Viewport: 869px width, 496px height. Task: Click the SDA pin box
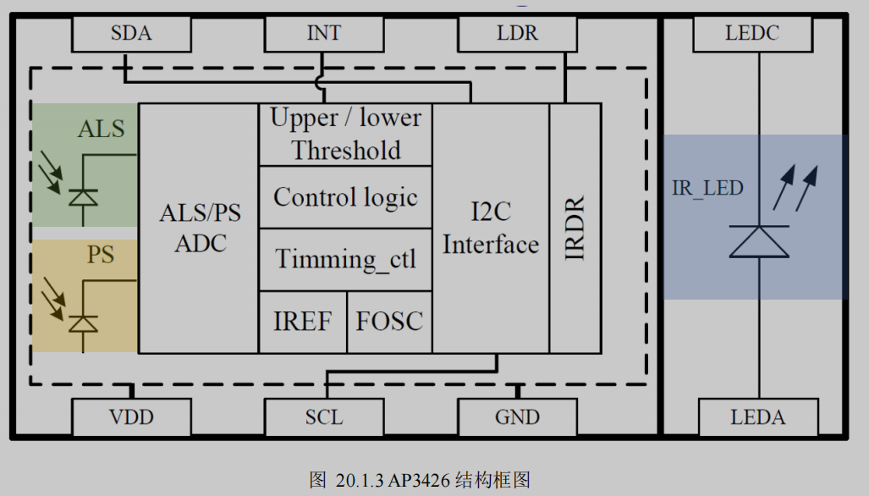tap(131, 34)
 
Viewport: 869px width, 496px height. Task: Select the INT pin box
tap(323, 34)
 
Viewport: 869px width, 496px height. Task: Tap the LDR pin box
tap(517, 34)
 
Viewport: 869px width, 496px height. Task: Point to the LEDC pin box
tap(752, 34)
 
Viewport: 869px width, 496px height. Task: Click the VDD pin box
tap(131, 416)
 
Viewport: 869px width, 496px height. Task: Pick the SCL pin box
tap(323, 416)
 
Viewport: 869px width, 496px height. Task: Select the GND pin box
tap(517, 416)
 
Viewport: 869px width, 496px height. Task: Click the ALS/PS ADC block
tap(199, 228)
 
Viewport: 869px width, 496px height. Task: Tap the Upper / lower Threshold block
tap(345, 135)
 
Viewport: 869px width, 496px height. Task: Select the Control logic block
tap(345, 197)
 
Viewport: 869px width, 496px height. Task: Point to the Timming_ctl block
tap(345, 259)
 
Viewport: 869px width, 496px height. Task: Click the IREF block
tap(302, 322)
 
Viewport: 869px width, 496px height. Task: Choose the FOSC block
tap(389, 322)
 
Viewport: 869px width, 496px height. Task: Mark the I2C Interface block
tap(491, 228)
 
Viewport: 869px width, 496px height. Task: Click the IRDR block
tap(575, 228)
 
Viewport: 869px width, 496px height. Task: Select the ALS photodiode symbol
tap(82, 196)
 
